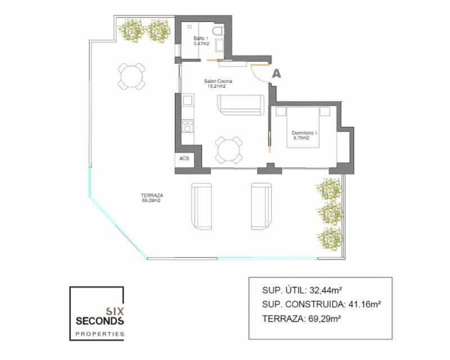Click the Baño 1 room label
pyautogui.click(x=201, y=40)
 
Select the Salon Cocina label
pyautogui.click(x=218, y=84)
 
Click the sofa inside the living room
pyautogui.click(x=240, y=104)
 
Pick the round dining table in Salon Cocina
pyautogui.click(x=229, y=150)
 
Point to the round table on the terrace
pyautogui.click(x=132, y=75)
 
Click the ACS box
pyautogui.click(x=184, y=159)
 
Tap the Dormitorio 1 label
pyautogui.click(x=305, y=136)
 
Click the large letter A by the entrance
pyautogui.click(x=276, y=72)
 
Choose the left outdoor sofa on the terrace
pyautogui.click(x=203, y=206)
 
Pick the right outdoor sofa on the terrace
pyautogui.click(x=262, y=206)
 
